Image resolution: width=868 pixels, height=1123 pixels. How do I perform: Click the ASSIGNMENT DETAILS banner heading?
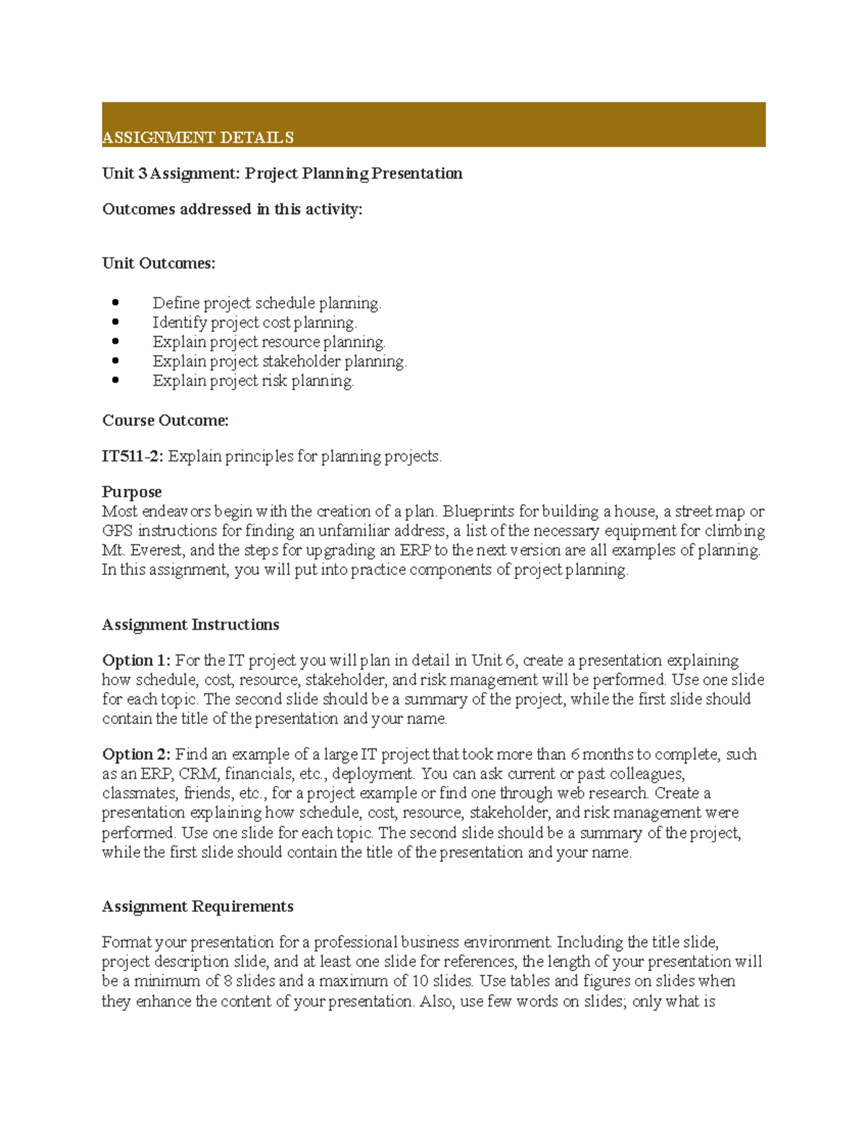[x=197, y=137]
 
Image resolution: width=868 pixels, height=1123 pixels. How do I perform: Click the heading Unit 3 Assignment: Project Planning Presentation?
[x=282, y=174]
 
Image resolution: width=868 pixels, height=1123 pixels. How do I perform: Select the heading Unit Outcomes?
[x=158, y=263]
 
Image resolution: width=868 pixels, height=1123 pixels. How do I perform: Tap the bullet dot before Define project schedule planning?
[x=116, y=302]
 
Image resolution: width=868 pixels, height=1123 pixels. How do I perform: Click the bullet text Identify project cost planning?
[x=255, y=323]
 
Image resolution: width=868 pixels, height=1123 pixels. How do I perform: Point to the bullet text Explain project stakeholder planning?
[x=279, y=362]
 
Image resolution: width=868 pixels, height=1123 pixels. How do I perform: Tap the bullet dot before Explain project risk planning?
[x=116, y=380]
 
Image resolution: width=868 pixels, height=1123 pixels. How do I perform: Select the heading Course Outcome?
[x=165, y=421]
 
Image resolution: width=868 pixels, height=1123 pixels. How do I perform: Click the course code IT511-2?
[x=133, y=456]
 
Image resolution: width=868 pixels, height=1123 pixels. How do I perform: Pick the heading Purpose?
[x=132, y=492]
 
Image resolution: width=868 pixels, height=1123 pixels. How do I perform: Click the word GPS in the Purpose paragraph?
[x=117, y=531]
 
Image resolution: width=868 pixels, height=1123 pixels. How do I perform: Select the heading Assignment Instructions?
[x=190, y=625]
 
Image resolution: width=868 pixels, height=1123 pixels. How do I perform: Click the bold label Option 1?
[x=136, y=661]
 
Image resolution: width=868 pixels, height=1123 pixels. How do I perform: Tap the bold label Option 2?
[x=136, y=755]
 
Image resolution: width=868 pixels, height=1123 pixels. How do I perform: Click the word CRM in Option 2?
[x=198, y=774]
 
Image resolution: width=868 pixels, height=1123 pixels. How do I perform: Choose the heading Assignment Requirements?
[x=197, y=907]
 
